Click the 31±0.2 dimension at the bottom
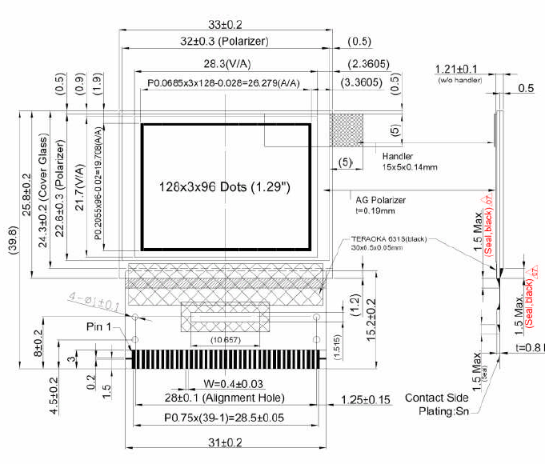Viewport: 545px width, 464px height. pyautogui.click(x=226, y=442)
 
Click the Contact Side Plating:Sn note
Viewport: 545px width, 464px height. pyautogui.click(x=436, y=404)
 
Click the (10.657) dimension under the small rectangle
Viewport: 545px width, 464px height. pyautogui.click(x=226, y=340)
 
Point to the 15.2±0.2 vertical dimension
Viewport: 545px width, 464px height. pyautogui.click(x=372, y=319)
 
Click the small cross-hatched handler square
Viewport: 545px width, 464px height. pyautogui.click(x=347, y=130)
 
